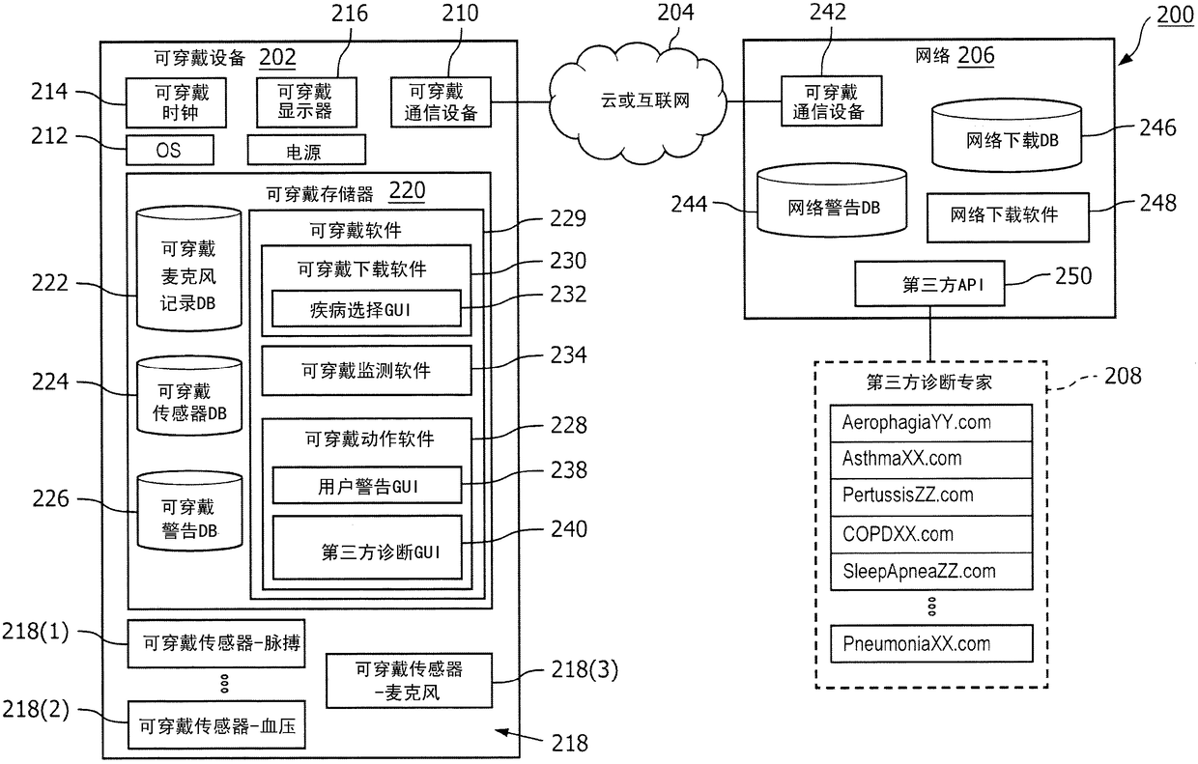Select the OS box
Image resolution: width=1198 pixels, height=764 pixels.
[x=169, y=150]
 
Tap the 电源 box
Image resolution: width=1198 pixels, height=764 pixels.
[x=306, y=150]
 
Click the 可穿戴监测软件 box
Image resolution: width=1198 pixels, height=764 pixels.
[x=366, y=370]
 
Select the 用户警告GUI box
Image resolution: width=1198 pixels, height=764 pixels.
[x=366, y=486]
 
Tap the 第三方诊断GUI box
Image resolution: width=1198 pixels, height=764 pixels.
[x=366, y=552]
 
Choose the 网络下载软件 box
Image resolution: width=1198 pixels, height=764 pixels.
[x=1006, y=215]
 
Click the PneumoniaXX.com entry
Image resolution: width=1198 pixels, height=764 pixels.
[x=931, y=643]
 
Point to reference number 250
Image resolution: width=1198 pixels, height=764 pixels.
[x=1072, y=276]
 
